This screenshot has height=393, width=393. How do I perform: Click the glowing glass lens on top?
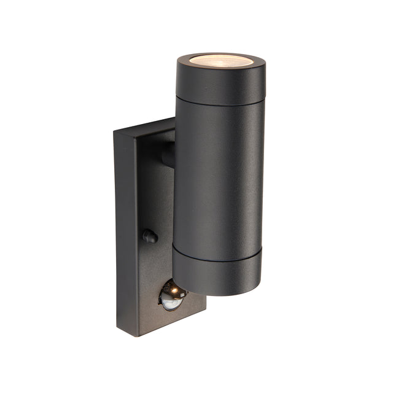(x=220, y=61)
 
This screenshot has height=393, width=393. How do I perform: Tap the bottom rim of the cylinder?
(x=216, y=294)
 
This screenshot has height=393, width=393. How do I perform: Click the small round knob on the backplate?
(x=149, y=236)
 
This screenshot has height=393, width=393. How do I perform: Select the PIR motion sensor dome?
(x=171, y=297)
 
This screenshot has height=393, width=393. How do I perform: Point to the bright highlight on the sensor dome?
(x=173, y=289)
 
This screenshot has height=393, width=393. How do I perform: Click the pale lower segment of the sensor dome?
(x=171, y=303)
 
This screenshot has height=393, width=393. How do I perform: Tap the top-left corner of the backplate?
(x=114, y=132)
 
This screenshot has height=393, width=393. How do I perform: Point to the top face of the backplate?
(x=144, y=126)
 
